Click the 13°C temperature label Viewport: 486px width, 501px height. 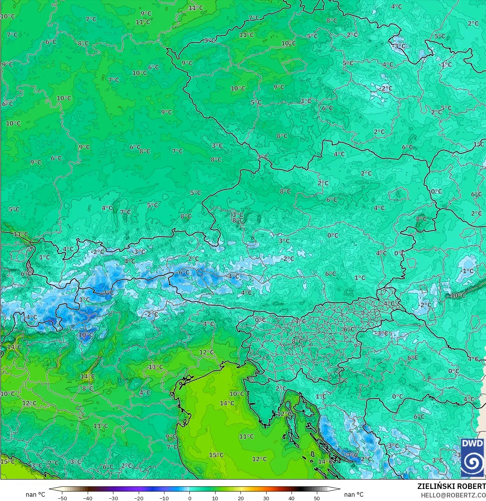156,367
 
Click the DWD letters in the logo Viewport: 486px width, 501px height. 472,443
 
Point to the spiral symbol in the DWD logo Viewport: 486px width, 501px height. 472,462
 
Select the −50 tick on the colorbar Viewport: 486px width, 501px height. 62,498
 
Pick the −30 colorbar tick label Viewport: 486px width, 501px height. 113,498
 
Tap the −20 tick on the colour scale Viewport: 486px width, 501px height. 138,498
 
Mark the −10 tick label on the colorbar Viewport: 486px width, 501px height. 164,498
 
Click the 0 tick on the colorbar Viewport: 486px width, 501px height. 190,498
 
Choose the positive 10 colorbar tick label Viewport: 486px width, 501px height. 215,498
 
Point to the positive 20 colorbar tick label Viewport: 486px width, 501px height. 240,498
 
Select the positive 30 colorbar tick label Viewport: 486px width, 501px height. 266,498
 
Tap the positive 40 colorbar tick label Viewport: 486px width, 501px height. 292,498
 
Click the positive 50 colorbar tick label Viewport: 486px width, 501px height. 317,498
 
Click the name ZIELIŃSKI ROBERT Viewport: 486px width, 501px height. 451,487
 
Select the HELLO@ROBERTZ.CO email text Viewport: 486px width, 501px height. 453,495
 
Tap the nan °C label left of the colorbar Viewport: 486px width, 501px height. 35,494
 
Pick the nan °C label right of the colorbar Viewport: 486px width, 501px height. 354,494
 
